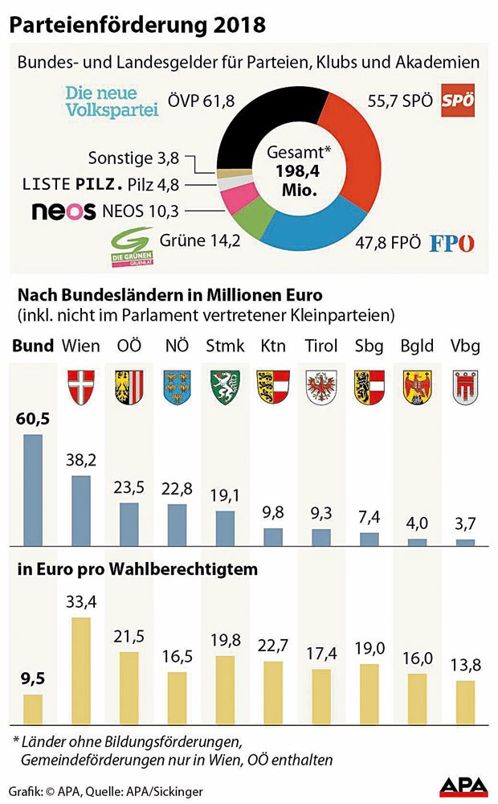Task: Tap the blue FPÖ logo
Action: pyautogui.click(x=452, y=243)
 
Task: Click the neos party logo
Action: pyautogui.click(x=64, y=212)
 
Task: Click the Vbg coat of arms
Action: pyautogui.click(x=465, y=385)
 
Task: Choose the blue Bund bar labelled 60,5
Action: pyautogui.click(x=32, y=490)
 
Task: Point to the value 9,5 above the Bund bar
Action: pyautogui.click(x=32, y=677)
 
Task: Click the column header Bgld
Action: pyautogui.click(x=416, y=347)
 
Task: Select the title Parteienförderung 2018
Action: pyautogui.click(x=137, y=25)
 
